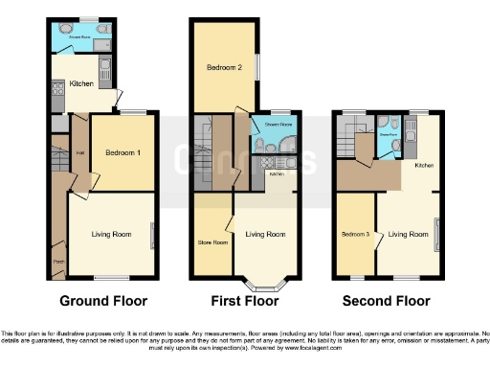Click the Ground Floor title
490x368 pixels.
coord(104,301)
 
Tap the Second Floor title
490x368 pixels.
coord(388,301)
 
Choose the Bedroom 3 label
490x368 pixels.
coord(354,233)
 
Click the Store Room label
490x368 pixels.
coord(212,242)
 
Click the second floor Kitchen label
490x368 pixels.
coord(424,166)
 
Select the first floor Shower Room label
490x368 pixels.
coord(272,125)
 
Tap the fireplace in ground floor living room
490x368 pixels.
coord(150,233)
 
